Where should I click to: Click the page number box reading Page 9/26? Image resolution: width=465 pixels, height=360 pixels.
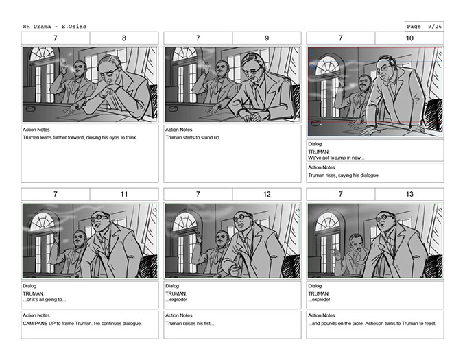point(425,26)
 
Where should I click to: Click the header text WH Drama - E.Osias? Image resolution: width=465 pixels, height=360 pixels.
point(55,26)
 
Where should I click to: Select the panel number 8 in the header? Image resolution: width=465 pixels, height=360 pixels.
point(124,38)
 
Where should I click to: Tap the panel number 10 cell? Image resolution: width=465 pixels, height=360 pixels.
point(409,38)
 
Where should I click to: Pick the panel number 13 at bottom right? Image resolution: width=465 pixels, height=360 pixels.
point(409,194)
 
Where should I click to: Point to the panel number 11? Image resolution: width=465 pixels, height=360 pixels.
point(124,194)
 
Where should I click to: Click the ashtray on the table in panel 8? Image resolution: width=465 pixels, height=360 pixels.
point(31,108)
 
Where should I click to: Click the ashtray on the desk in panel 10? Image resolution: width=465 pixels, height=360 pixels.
point(315,122)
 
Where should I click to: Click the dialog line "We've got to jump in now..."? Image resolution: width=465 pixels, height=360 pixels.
point(336,158)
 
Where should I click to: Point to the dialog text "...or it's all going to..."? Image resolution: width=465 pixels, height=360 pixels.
point(45,300)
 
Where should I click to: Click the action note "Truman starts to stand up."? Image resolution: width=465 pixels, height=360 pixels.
point(193,138)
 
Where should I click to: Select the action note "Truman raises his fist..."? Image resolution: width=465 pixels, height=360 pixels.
point(190,324)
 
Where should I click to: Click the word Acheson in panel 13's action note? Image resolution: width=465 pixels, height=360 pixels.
point(376,324)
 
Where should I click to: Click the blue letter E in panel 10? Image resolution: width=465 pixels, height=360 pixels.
point(311,53)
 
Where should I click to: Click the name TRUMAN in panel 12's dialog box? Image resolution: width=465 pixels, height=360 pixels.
point(176,293)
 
